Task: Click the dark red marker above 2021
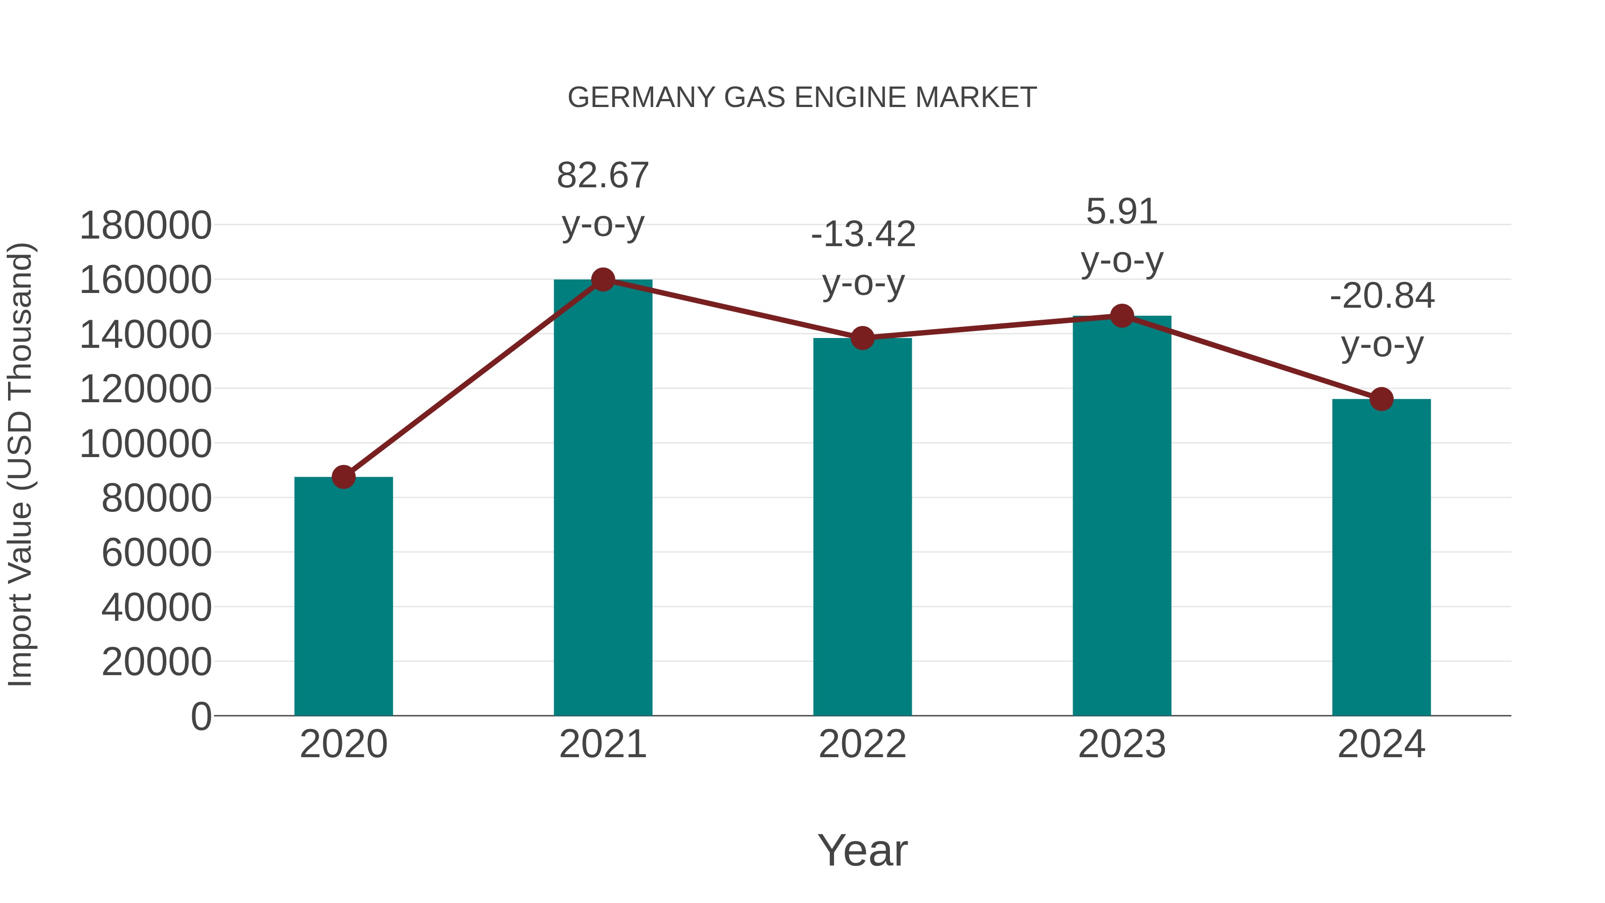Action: (x=602, y=280)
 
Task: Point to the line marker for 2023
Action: (x=1122, y=316)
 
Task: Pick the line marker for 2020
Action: (x=343, y=477)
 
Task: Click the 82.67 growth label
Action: (x=602, y=175)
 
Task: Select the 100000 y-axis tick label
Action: (x=146, y=444)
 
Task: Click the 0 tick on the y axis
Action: (x=201, y=716)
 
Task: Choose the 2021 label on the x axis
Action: (x=602, y=744)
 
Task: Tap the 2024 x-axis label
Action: (x=1381, y=744)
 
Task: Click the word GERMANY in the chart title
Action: (x=641, y=98)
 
